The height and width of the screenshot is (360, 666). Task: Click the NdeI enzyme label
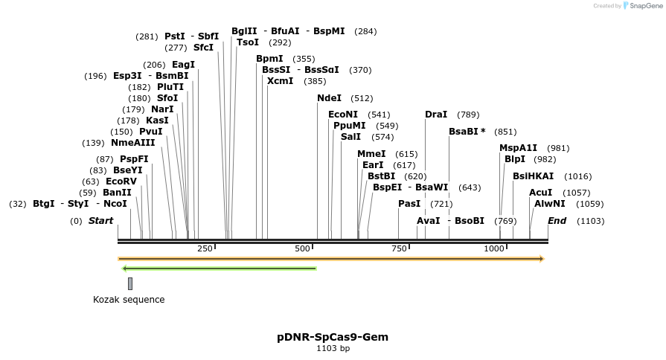330,98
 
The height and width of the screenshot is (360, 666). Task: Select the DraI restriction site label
436,115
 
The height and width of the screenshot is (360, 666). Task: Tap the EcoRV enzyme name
121,181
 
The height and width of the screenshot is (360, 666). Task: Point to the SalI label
350,137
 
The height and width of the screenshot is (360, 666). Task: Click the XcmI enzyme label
280,81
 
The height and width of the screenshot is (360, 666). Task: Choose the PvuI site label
150,132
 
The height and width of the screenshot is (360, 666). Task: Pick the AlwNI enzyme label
549,203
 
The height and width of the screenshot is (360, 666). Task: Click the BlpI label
515,159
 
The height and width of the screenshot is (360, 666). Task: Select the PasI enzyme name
409,203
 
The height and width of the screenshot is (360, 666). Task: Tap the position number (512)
362,98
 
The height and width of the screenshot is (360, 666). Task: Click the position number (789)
468,115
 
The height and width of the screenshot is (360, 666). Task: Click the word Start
101,221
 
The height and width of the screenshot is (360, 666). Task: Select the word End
557,221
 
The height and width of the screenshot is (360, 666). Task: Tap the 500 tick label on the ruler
302,248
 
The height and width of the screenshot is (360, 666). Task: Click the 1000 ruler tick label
494,248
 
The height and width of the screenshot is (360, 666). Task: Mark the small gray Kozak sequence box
130,283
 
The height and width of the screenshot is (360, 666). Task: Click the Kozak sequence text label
129,300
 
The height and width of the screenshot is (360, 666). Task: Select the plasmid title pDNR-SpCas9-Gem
333,337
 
